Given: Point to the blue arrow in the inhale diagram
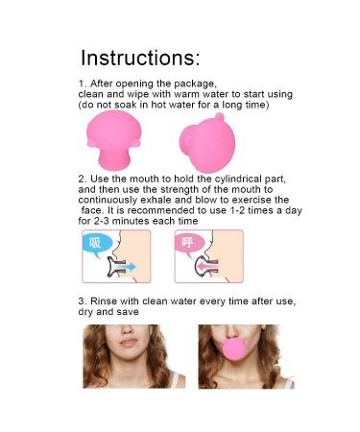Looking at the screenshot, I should (124, 269).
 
